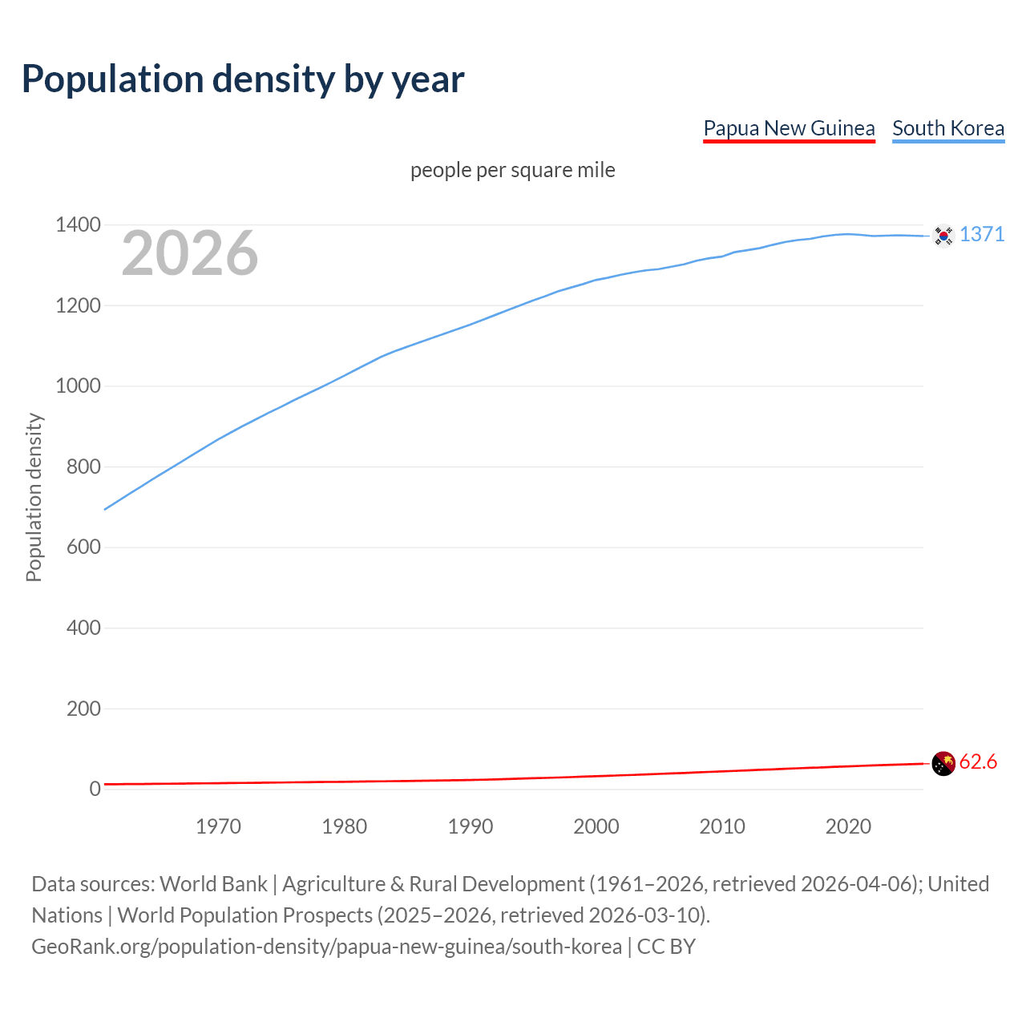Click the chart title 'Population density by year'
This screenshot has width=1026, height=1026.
(243, 79)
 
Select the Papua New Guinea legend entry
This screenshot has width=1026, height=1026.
(789, 128)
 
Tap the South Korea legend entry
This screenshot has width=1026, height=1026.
(948, 128)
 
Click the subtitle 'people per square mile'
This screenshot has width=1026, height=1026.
(513, 170)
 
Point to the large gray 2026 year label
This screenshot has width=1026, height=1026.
(190, 253)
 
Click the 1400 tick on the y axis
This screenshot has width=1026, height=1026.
(78, 225)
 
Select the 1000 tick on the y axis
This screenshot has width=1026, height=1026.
(78, 386)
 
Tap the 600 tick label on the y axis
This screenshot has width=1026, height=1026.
(83, 547)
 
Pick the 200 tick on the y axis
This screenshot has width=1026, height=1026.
(83, 709)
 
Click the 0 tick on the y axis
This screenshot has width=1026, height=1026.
(95, 789)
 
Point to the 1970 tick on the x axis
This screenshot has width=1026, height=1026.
(218, 826)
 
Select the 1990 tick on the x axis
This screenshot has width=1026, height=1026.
(471, 826)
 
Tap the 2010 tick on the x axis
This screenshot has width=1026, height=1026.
(722, 826)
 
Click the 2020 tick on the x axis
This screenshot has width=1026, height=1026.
(848, 826)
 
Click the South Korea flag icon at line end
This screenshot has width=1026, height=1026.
(943, 236)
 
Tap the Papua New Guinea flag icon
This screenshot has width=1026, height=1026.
(943, 764)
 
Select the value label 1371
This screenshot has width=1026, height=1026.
(982, 234)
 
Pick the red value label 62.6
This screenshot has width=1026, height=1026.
(978, 761)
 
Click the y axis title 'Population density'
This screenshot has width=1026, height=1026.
(34, 497)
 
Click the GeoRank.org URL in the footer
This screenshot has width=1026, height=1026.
(326, 947)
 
